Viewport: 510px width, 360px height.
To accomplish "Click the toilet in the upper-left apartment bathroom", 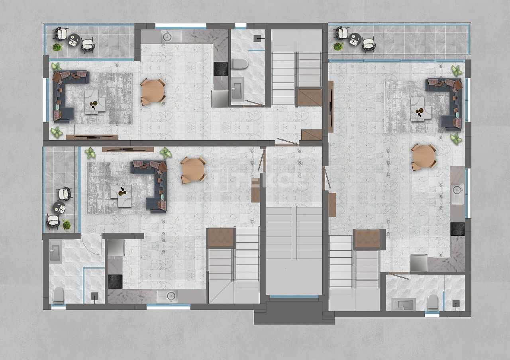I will click(x=240, y=64).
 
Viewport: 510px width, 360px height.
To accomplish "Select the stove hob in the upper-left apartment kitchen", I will click(x=220, y=68).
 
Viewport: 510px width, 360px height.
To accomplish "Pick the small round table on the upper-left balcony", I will click(x=74, y=40).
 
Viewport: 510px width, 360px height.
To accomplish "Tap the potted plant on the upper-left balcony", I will click(x=57, y=47).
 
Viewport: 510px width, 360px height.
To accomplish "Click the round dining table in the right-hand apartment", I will click(x=424, y=157).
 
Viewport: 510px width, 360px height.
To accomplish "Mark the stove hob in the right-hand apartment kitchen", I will click(x=457, y=228).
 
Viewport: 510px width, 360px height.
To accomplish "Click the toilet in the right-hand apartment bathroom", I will click(x=433, y=302).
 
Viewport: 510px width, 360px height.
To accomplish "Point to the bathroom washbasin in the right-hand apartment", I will click(x=403, y=304).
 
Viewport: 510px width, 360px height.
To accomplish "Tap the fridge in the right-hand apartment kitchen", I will click(x=419, y=263).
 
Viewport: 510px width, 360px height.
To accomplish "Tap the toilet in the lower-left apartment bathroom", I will click(x=59, y=295).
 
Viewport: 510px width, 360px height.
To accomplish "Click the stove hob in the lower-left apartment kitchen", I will click(x=115, y=281).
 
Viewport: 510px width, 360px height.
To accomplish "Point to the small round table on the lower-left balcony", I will click(x=59, y=207).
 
